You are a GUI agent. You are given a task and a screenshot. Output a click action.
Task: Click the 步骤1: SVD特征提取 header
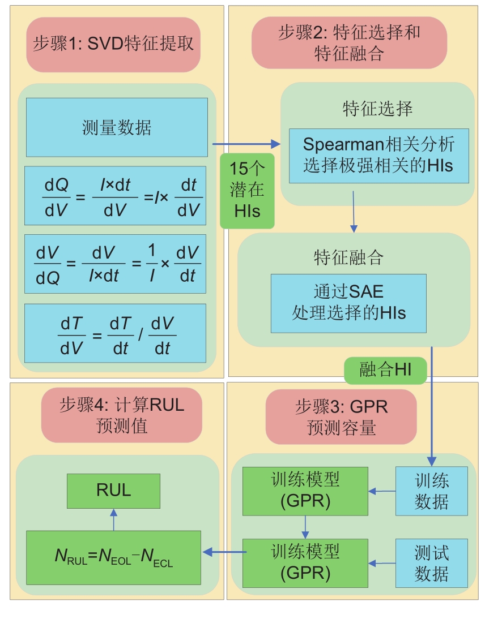pos(113,45)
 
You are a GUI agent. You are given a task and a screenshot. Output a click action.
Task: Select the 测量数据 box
pos(117,127)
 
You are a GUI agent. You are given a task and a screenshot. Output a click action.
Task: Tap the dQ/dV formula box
pos(115,196)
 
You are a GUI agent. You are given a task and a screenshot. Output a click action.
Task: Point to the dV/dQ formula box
pos(115,264)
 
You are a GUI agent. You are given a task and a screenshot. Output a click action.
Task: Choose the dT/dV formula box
pos(115,333)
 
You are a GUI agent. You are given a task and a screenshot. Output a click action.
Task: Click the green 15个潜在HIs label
pos(247,191)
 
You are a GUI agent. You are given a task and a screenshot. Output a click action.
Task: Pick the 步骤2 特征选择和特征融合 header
pos(349,42)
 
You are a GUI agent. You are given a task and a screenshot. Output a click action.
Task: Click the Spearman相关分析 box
pos(378,156)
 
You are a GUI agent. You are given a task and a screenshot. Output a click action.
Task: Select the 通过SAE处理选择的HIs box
pos(348,303)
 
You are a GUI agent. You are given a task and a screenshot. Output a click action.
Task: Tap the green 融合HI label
pos(385,371)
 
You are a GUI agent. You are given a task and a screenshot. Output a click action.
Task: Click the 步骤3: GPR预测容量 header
pos(341,416)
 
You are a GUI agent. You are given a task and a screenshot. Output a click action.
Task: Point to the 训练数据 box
pos(432,491)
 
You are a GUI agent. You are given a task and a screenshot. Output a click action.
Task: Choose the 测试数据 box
pos(432,563)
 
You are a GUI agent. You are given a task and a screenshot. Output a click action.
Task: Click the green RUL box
pos(113,490)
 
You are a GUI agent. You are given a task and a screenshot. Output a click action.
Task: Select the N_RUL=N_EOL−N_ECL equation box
pos(113,557)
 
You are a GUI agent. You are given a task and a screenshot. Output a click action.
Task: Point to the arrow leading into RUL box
pos(113,519)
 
